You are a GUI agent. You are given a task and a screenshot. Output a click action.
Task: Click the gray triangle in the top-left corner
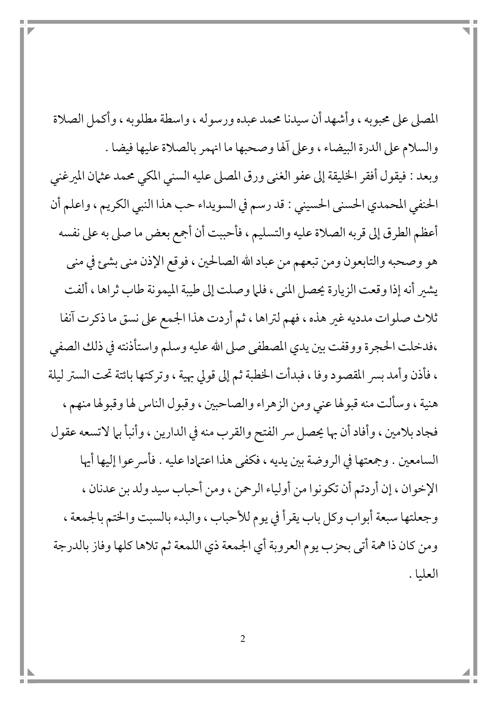32,31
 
